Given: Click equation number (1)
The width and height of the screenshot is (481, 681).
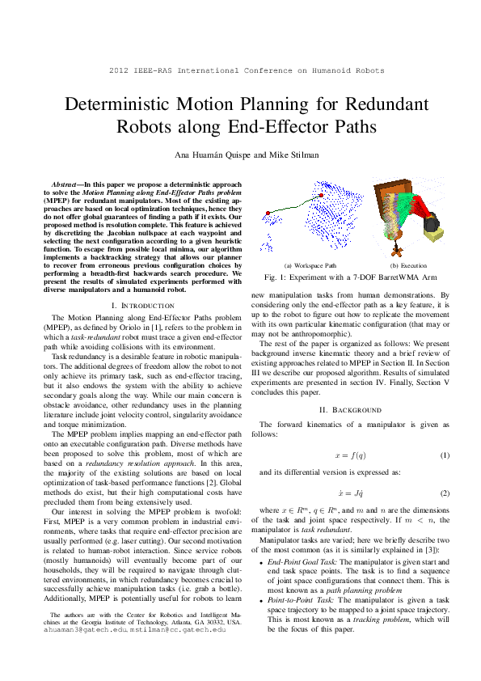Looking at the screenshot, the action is [444, 455].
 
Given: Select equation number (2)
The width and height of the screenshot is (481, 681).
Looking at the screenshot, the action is [444, 493].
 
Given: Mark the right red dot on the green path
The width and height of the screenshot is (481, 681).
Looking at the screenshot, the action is [322, 196].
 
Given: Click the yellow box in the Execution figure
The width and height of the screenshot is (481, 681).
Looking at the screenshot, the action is [433, 235].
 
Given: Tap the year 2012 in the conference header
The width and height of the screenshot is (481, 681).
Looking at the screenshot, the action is [120, 71].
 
